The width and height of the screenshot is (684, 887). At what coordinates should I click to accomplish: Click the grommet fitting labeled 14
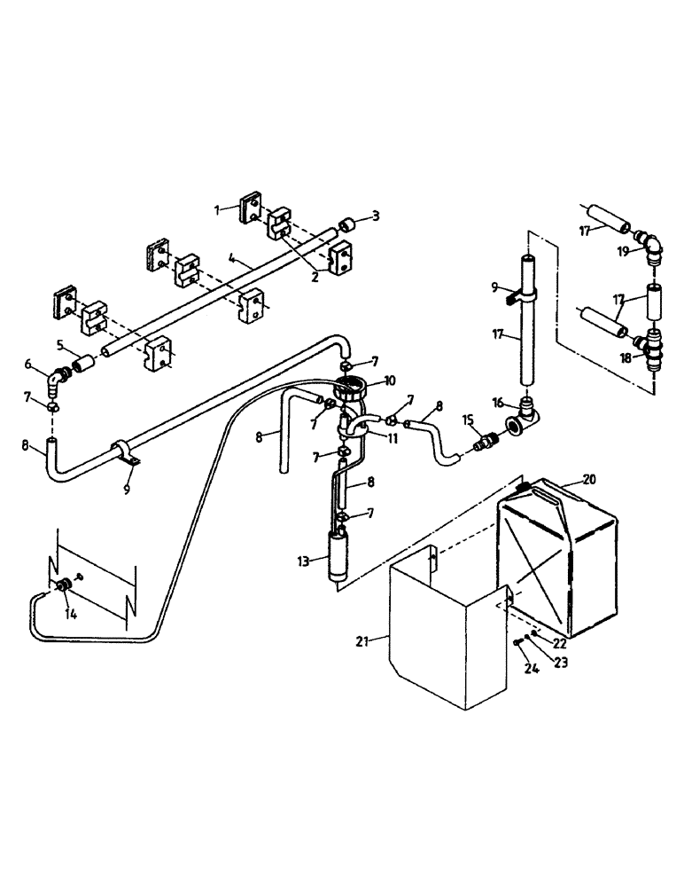point(65,586)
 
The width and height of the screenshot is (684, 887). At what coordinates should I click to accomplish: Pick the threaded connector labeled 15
point(484,441)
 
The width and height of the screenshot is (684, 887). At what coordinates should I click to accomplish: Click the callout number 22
point(560,643)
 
